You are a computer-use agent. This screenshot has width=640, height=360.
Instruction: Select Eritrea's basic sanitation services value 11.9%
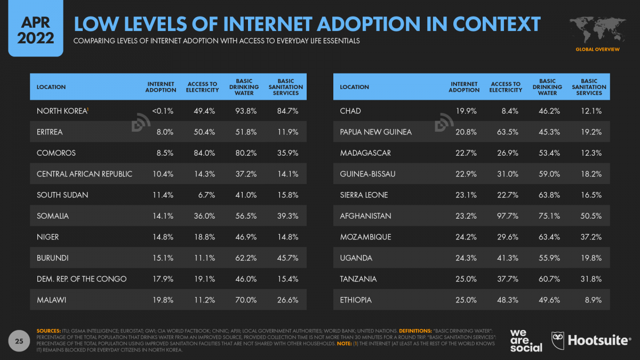tap(287, 132)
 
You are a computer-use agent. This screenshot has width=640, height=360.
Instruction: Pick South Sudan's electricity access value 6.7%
tap(205, 195)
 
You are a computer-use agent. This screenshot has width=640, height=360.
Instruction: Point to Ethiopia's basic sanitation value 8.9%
tap(593, 300)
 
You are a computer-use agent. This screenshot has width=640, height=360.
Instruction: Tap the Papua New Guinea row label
tap(375, 132)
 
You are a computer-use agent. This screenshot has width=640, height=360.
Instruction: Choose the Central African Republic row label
tap(84, 174)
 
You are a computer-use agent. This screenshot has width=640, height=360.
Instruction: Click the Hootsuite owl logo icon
tap(558, 340)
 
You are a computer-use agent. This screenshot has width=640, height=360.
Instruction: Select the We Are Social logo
tap(526, 340)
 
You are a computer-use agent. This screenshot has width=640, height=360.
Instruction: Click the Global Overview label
tap(597, 49)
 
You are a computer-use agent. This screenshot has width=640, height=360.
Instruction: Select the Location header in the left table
tap(51, 87)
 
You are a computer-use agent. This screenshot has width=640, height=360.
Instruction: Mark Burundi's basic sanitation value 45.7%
tap(287, 258)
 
